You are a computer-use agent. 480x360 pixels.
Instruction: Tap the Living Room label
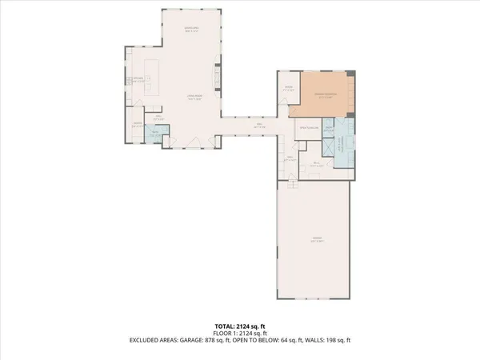click(x=192, y=98)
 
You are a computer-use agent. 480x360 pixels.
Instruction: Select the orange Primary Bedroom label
click(x=323, y=95)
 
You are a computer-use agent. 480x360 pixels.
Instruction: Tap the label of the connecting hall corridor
click(x=259, y=124)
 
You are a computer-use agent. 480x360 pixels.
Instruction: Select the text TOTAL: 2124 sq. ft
click(x=240, y=326)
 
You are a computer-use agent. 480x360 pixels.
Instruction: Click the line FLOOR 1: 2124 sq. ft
click(x=240, y=333)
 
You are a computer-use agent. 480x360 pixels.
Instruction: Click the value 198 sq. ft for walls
click(x=334, y=340)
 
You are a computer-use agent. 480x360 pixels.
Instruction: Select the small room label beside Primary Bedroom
click(x=287, y=90)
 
